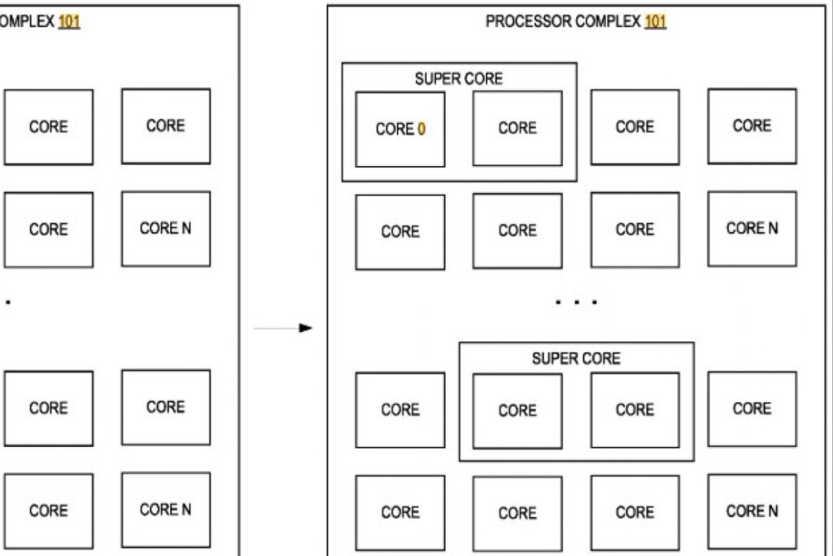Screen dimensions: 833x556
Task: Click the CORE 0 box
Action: click(400, 129)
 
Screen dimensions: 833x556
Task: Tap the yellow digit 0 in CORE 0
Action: click(422, 129)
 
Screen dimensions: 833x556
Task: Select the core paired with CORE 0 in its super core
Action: click(517, 128)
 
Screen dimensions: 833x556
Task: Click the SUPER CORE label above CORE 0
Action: click(459, 79)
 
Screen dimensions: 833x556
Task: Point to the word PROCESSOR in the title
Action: click(529, 21)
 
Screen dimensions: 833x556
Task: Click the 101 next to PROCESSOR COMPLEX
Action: click(655, 21)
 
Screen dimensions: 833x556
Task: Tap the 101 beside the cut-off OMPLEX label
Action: click(69, 21)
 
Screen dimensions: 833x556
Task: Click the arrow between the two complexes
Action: click(283, 328)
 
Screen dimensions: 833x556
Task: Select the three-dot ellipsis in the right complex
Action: click(577, 302)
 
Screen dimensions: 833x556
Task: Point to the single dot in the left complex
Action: click(8, 302)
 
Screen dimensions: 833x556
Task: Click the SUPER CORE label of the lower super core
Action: click(576, 358)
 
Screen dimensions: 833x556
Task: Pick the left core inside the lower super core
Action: click(517, 411)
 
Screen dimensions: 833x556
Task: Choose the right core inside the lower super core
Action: click(635, 409)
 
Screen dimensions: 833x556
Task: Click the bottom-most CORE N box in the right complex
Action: click(752, 511)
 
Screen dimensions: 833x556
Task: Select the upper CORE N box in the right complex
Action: click(752, 229)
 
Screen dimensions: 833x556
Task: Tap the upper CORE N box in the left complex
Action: click(166, 229)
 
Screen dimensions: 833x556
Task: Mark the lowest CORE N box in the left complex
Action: click(166, 510)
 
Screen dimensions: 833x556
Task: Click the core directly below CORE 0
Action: click(400, 232)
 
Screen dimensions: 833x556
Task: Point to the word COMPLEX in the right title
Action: click(608, 21)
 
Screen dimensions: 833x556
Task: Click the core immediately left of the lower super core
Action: click(400, 409)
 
